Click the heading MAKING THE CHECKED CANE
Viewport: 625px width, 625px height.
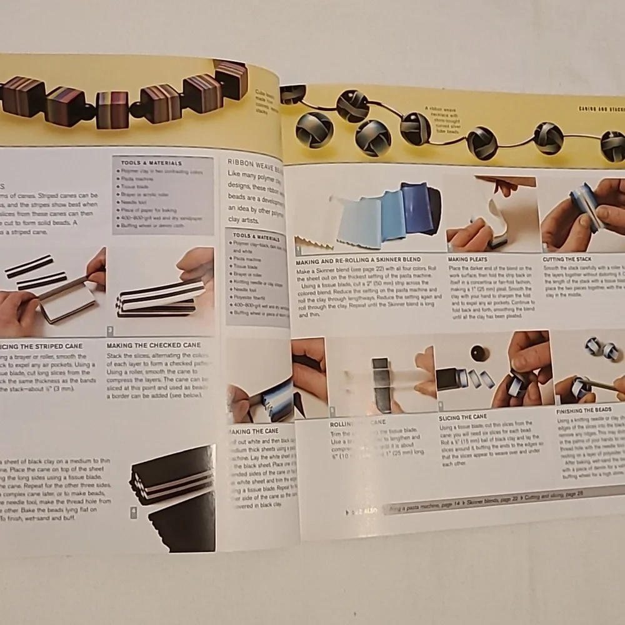point(153,345)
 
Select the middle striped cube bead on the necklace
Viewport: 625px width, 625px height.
point(112,109)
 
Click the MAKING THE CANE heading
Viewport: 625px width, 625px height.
point(253,431)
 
